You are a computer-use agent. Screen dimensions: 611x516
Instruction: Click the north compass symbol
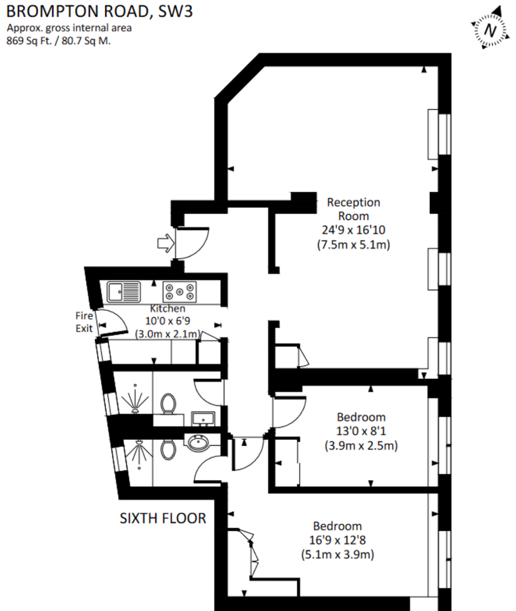pyautogui.click(x=490, y=30)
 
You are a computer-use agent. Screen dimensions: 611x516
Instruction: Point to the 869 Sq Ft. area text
pyautogui.click(x=58, y=40)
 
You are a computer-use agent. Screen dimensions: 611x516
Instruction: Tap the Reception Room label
pyautogui.click(x=353, y=208)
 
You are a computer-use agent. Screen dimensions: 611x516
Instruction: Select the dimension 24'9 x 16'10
pyautogui.click(x=353, y=230)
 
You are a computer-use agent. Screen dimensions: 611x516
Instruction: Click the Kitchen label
pyautogui.click(x=167, y=309)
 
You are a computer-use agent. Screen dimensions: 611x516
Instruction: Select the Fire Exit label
pyautogui.click(x=85, y=321)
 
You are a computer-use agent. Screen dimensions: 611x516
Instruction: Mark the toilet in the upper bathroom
pyautogui.click(x=168, y=405)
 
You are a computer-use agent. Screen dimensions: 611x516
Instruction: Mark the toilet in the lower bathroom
pyautogui.click(x=168, y=449)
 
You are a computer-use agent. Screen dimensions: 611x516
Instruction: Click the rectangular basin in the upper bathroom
pyautogui.click(x=202, y=416)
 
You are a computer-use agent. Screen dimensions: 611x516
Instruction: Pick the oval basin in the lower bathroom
pyautogui.click(x=199, y=443)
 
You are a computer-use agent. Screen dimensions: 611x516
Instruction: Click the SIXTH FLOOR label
pyautogui.click(x=163, y=519)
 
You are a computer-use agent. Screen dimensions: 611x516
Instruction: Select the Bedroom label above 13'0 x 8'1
pyautogui.click(x=361, y=417)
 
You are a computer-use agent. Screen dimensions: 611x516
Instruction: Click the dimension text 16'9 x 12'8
pyautogui.click(x=337, y=540)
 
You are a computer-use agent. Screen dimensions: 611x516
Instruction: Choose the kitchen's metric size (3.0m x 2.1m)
pyautogui.click(x=167, y=333)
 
